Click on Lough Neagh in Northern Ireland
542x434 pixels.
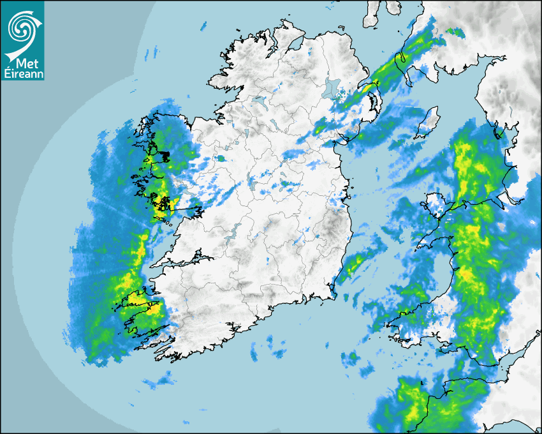pos(332,89)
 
